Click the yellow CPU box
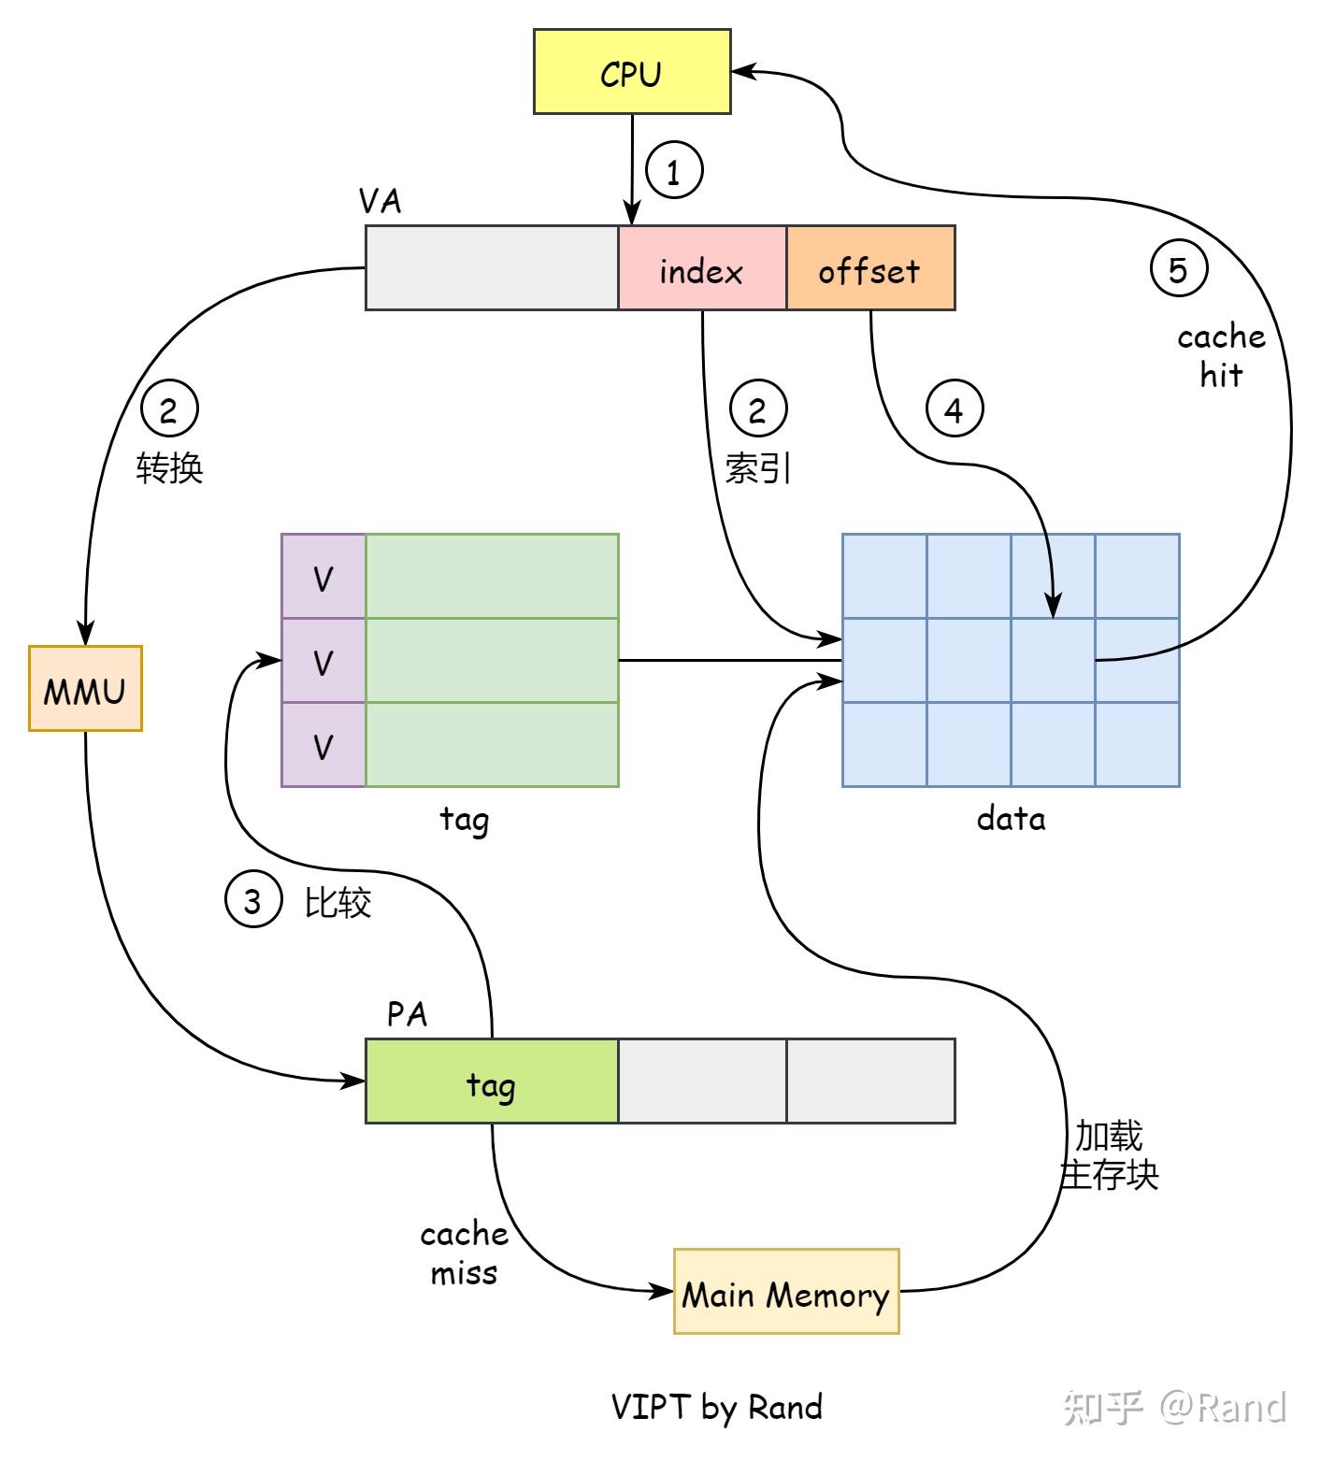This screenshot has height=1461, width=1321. coord(631,72)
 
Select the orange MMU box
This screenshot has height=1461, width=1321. coord(85,689)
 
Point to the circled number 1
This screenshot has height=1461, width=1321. coord(673,170)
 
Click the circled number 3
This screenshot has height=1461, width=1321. coord(252,900)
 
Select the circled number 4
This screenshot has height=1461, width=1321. coord(954,408)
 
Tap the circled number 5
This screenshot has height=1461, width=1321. coord(1178,268)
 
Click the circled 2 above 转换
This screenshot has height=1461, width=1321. coord(169,408)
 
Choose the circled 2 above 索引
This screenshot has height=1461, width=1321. coord(757,408)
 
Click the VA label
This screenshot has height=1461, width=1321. coord(380,201)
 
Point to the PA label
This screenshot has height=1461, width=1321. coord(407,1014)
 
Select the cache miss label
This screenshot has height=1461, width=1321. coord(464,1253)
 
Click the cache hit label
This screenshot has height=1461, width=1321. coord(1221,356)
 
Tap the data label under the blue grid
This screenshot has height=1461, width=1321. coord(1011,819)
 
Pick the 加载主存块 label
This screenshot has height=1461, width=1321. coord(1109,1156)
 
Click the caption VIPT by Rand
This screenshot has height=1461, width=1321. coord(716,1406)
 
